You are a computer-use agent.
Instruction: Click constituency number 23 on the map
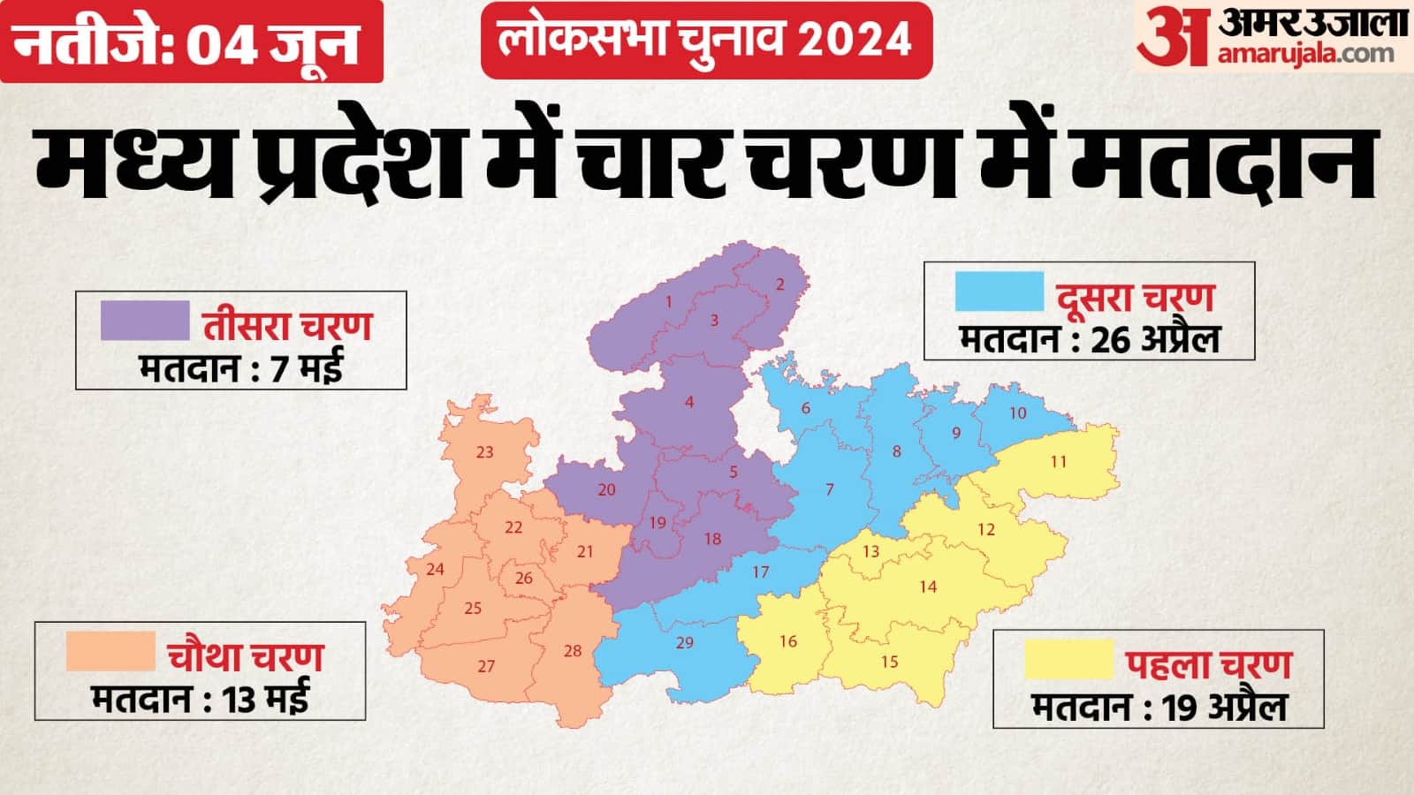(x=484, y=452)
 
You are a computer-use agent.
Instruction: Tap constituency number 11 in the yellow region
(x=1059, y=461)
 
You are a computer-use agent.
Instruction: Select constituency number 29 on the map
(x=685, y=642)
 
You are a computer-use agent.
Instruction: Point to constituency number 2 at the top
(x=780, y=284)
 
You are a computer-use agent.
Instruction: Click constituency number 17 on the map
(x=760, y=572)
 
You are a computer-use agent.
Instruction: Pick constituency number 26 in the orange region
(x=524, y=578)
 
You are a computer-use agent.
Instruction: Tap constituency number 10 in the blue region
(x=1018, y=413)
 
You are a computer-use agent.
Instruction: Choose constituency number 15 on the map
(x=889, y=662)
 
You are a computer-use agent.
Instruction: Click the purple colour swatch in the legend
(x=145, y=320)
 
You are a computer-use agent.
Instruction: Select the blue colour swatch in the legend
(x=999, y=291)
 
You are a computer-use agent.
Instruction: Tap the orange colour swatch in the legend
(x=110, y=651)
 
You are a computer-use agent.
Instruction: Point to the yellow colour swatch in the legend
(x=1068, y=659)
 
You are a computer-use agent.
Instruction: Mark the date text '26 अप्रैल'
(x=1155, y=339)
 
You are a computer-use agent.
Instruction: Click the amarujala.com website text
(x=1305, y=54)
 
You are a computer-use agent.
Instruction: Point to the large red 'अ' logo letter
(x=1172, y=36)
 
